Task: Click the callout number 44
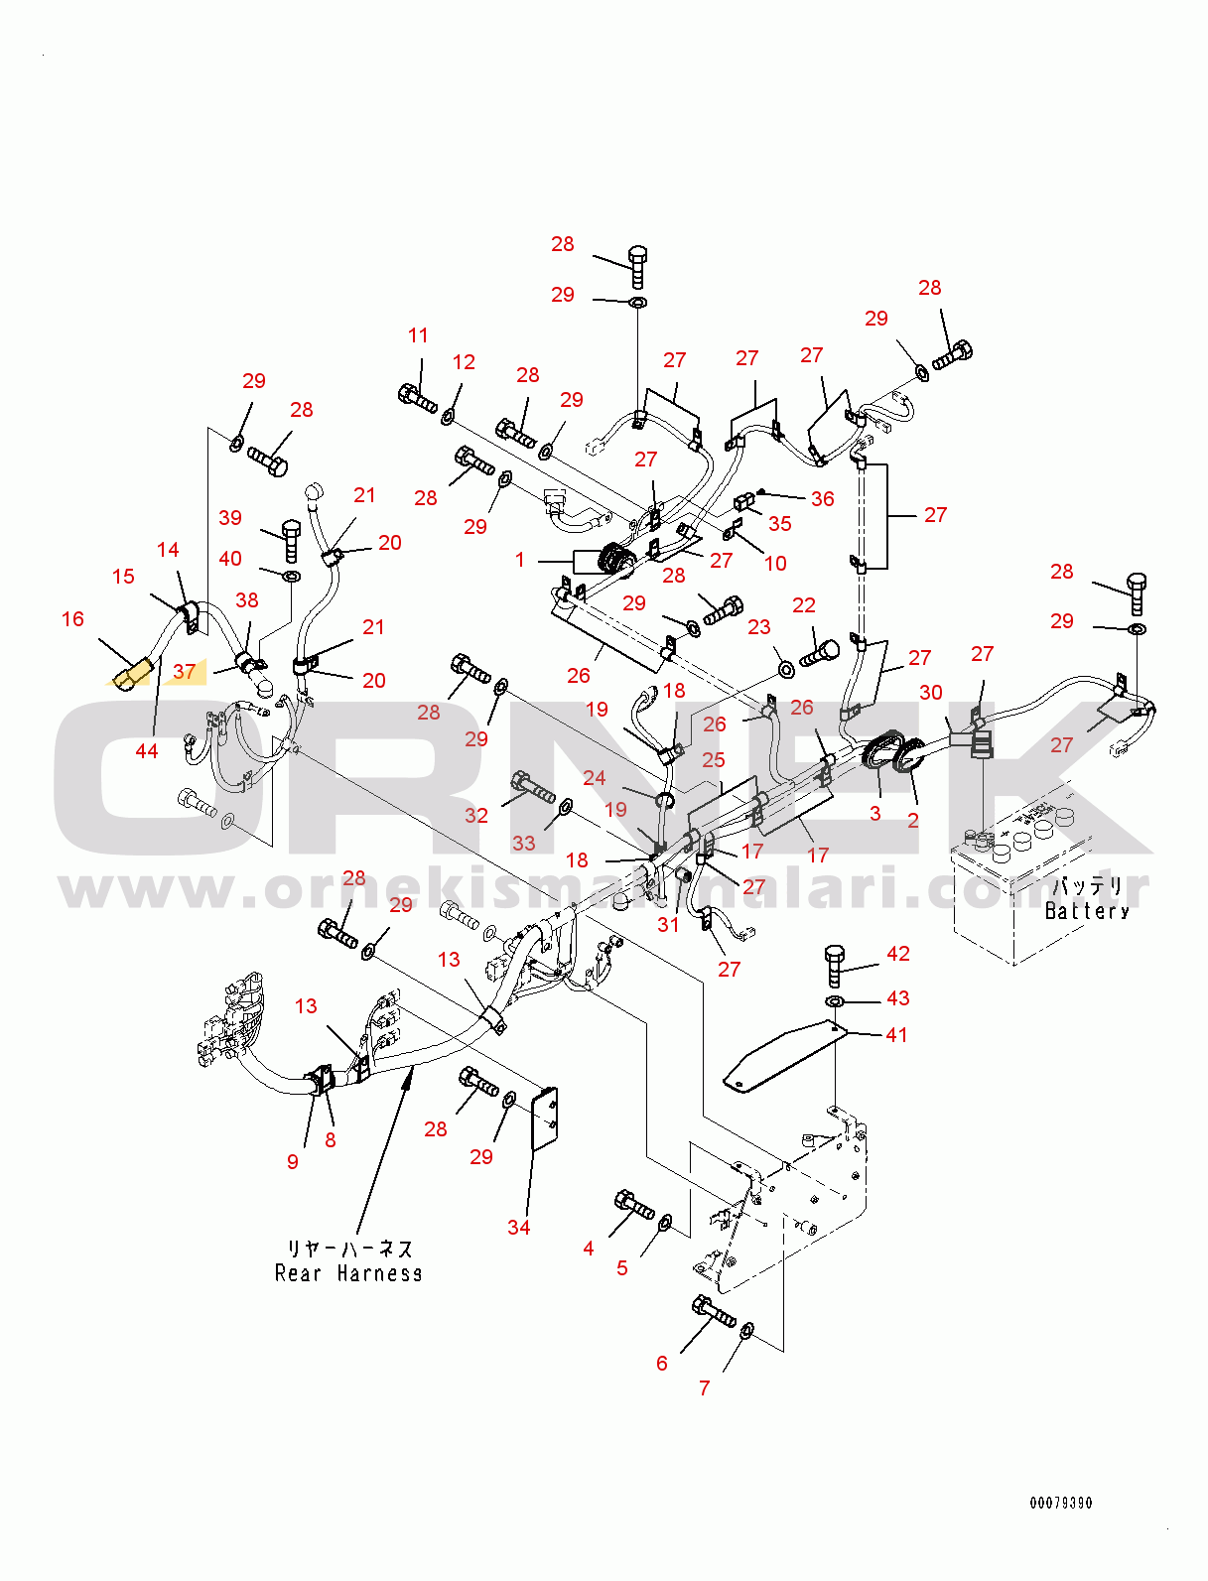(147, 751)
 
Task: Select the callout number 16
(72, 619)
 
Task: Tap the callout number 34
(518, 1228)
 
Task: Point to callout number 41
(896, 1035)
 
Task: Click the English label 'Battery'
(1087, 911)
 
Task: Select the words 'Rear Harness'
(347, 1273)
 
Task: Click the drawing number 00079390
(1060, 1504)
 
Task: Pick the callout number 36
(823, 499)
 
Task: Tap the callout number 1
(520, 560)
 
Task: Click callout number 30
(931, 693)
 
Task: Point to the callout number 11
(418, 335)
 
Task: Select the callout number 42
(897, 954)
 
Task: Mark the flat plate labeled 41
(784, 1058)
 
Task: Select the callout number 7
(704, 1388)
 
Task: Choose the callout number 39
(230, 518)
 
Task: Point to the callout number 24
(594, 778)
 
